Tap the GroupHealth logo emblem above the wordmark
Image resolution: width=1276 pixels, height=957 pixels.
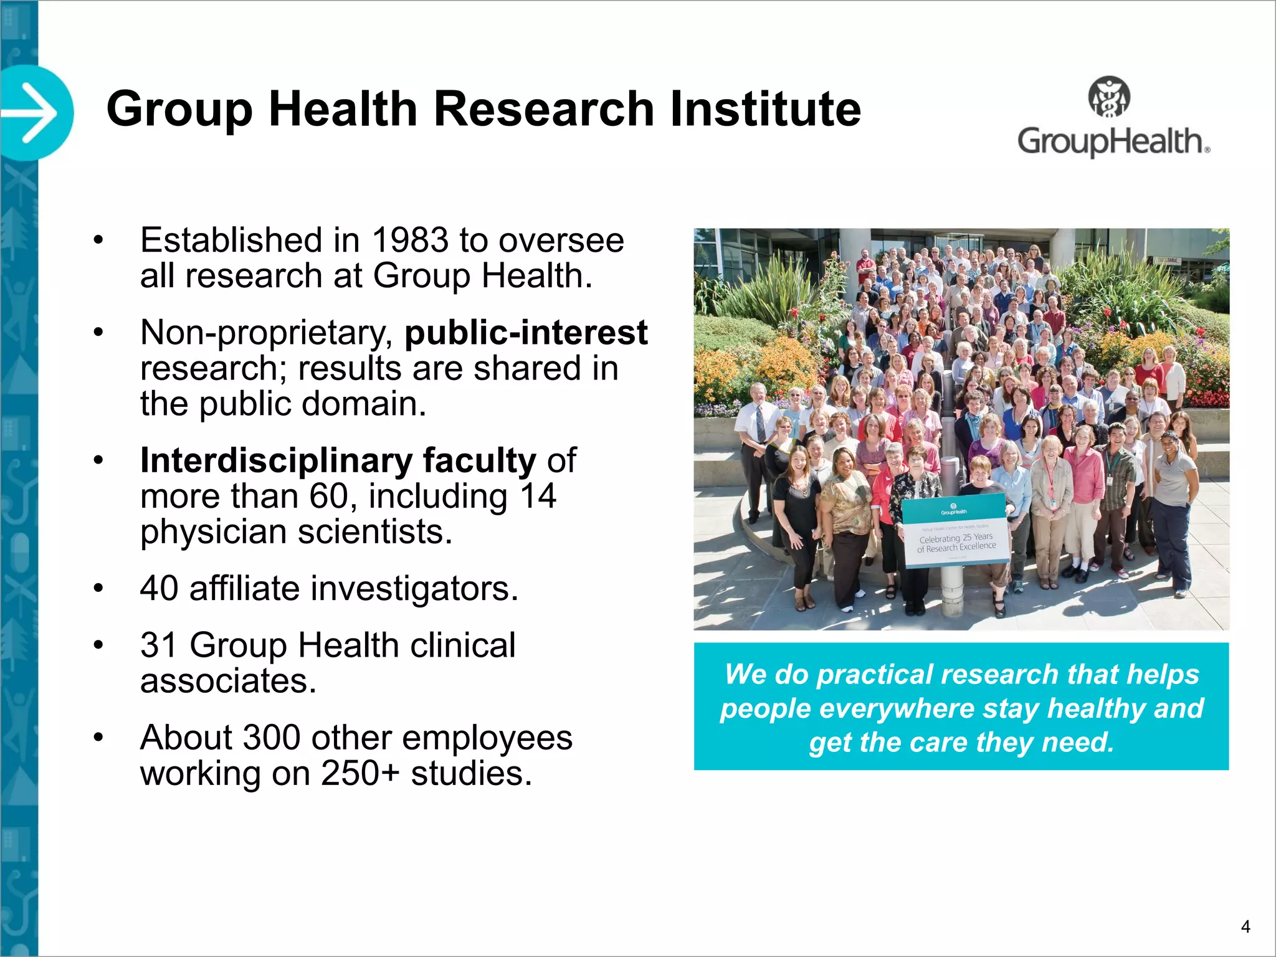(1109, 97)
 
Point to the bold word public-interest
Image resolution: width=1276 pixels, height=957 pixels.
(526, 333)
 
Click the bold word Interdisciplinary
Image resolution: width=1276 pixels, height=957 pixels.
(276, 460)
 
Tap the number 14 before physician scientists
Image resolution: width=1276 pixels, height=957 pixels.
(538, 497)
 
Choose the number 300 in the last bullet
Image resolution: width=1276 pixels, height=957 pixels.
(272, 738)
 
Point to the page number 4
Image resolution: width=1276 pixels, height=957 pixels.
(1245, 926)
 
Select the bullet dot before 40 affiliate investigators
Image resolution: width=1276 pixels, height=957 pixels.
(98, 588)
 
